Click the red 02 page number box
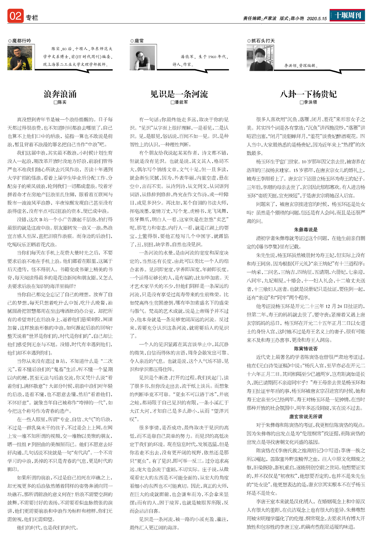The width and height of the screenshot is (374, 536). [x=15, y=16]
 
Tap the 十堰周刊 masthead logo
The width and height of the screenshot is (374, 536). [x=348, y=15]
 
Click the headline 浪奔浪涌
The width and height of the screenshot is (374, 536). [x=60, y=94]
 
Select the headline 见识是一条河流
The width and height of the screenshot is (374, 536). [x=179, y=94]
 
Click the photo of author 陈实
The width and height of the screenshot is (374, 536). [x=20, y=58]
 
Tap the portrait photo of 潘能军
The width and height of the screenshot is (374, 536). [x=142, y=58]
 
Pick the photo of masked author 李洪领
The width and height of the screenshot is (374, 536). [x=260, y=58]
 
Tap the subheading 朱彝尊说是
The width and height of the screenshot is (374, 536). [x=306, y=229]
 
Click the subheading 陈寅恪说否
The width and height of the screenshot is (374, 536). [x=306, y=349]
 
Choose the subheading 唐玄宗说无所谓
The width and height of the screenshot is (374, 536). [x=306, y=417]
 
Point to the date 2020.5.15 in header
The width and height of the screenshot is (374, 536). [x=317, y=19]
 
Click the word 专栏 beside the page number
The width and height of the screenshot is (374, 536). [x=32, y=18]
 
